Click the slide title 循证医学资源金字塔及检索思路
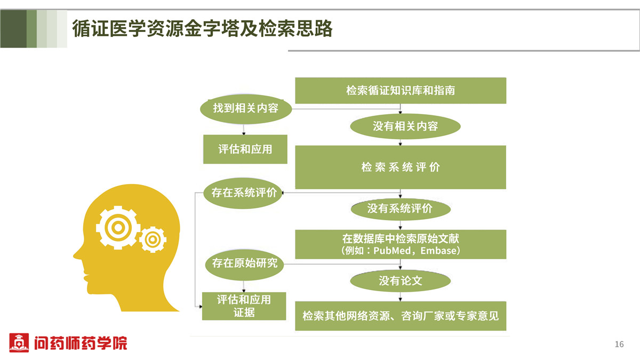point(202,29)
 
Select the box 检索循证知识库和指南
point(401,90)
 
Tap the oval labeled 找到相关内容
point(246,109)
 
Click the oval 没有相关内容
point(405,126)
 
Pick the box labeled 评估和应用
point(245,149)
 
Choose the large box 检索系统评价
point(401,167)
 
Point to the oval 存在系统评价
point(243,193)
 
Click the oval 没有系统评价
point(401,209)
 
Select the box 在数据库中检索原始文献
point(401,244)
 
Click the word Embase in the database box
point(438,251)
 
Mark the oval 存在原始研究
point(245,265)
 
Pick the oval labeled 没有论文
point(401,281)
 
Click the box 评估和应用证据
point(244,306)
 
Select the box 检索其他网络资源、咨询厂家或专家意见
point(401,316)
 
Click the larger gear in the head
point(118,228)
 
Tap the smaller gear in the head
point(153,239)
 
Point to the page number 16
point(619,345)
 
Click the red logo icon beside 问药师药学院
point(19,342)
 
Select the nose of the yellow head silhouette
point(77,254)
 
